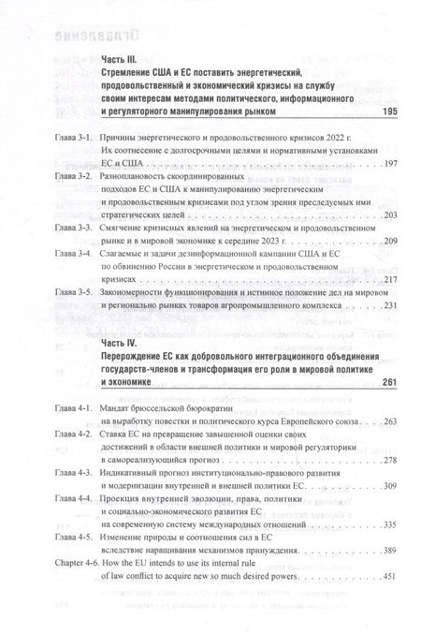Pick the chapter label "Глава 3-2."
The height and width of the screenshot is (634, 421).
pyautogui.click(x=73, y=176)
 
